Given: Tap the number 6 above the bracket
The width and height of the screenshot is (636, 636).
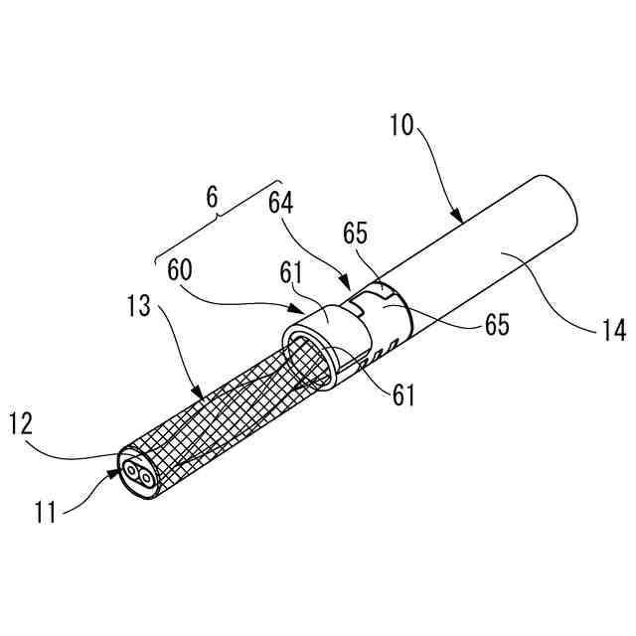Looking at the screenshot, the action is [x=211, y=198].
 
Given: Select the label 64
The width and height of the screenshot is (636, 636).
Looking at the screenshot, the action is [x=282, y=203].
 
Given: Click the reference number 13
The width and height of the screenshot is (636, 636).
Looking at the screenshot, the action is [x=139, y=306].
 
